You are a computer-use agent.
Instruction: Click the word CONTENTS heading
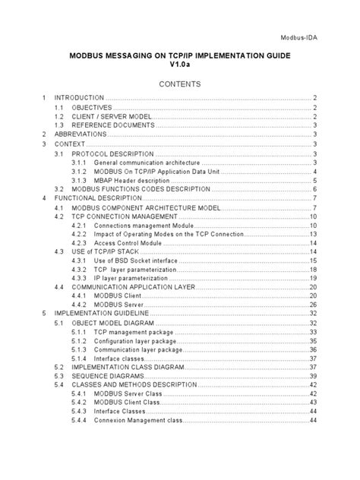click(x=179, y=84)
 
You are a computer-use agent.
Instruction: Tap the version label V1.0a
click(x=179, y=66)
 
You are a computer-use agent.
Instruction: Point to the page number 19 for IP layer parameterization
click(x=312, y=278)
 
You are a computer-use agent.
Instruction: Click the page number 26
click(x=312, y=305)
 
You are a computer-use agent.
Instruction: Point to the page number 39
click(x=312, y=376)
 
